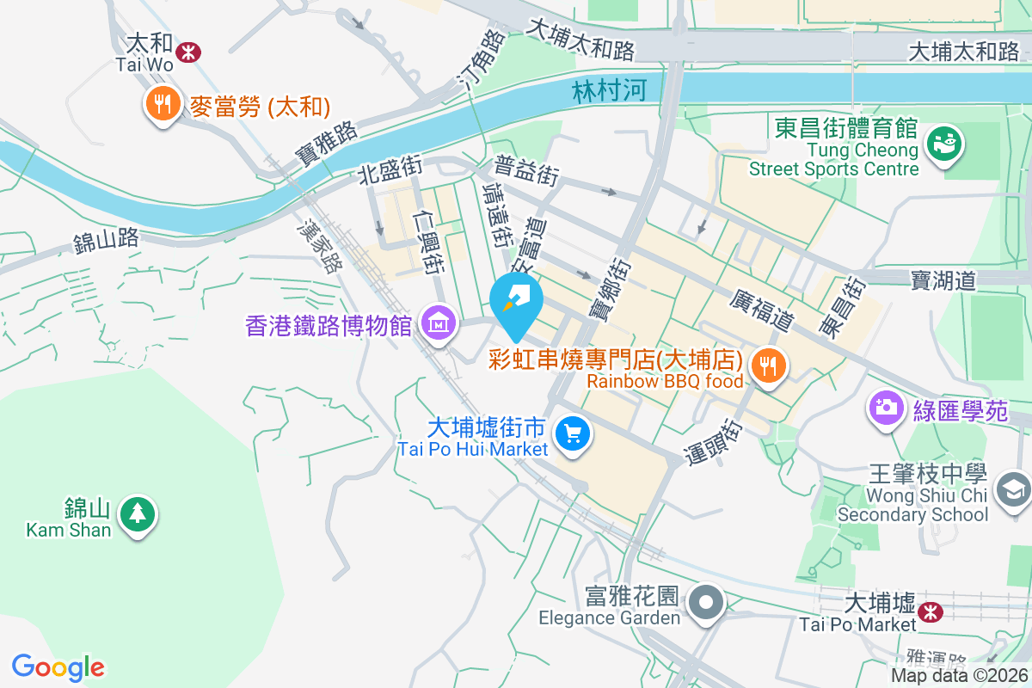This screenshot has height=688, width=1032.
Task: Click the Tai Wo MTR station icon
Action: click(x=187, y=53)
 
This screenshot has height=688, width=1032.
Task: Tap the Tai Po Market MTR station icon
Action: click(x=929, y=611)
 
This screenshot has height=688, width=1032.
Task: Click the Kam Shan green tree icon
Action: click(x=137, y=513)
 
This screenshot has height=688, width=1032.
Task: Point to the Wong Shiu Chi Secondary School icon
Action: click(x=1012, y=489)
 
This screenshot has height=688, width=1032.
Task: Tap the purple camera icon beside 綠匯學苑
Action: click(x=885, y=406)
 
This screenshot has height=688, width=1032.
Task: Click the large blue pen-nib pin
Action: click(x=516, y=300)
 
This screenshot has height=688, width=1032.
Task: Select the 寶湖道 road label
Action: click(x=943, y=279)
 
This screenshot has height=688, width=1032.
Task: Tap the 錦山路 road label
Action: click(x=106, y=240)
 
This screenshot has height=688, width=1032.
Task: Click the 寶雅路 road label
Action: click(x=326, y=144)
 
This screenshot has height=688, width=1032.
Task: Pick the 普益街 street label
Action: click(x=526, y=170)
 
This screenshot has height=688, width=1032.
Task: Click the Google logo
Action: click(x=58, y=666)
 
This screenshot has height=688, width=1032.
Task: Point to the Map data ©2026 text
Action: click(x=958, y=676)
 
